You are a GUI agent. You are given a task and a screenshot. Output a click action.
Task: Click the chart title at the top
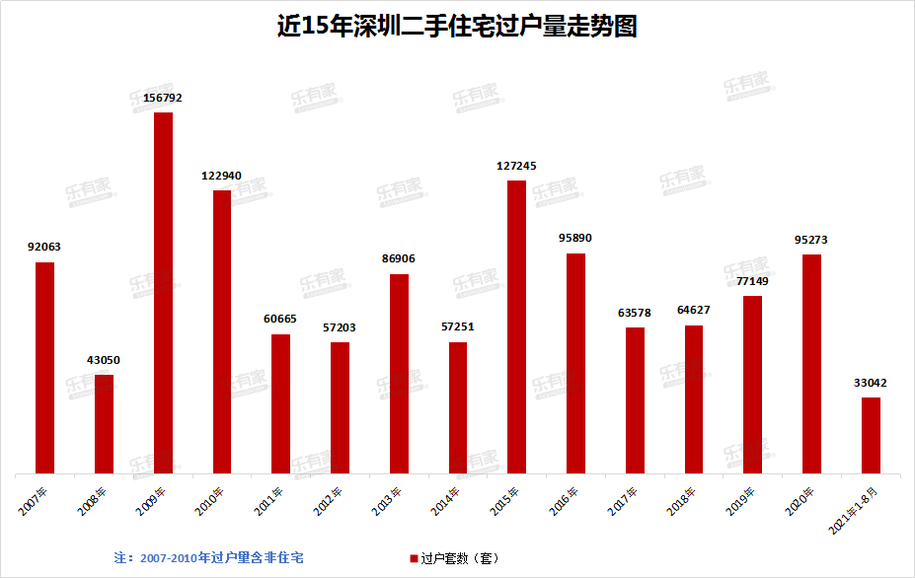point(457,26)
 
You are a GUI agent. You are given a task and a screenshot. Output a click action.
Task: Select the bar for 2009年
point(164,293)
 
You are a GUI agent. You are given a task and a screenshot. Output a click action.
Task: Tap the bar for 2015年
point(516,327)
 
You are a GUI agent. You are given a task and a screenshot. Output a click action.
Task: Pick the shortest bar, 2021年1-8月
point(871,436)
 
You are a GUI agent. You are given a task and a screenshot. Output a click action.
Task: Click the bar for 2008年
point(104,424)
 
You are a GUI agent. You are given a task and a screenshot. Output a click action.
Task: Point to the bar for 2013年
point(399,374)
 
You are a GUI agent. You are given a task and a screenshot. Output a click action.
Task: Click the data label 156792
point(163,98)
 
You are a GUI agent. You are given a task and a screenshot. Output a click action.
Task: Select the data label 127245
point(516,167)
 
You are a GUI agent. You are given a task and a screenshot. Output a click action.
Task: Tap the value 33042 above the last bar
point(870,383)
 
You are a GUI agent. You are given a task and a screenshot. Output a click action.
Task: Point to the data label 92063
point(44,247)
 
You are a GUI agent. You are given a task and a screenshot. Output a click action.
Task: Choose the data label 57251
point(458,327)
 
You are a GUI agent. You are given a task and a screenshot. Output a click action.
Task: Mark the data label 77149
point(752,281)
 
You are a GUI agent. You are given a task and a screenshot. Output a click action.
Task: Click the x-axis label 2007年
point(33,501)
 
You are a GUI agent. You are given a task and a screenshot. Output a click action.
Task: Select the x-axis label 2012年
point(328,501)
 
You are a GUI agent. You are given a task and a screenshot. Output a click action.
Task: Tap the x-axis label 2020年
point(800,501)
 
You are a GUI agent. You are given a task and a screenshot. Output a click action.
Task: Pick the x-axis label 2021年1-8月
point(853,510)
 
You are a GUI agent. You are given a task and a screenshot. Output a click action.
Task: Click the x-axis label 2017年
point(623,501)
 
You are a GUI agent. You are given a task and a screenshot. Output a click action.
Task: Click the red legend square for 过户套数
point(414,558)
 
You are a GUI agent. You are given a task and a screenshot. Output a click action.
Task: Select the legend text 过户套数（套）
point(460,558)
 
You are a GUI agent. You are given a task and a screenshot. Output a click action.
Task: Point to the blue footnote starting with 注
point(209,558)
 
